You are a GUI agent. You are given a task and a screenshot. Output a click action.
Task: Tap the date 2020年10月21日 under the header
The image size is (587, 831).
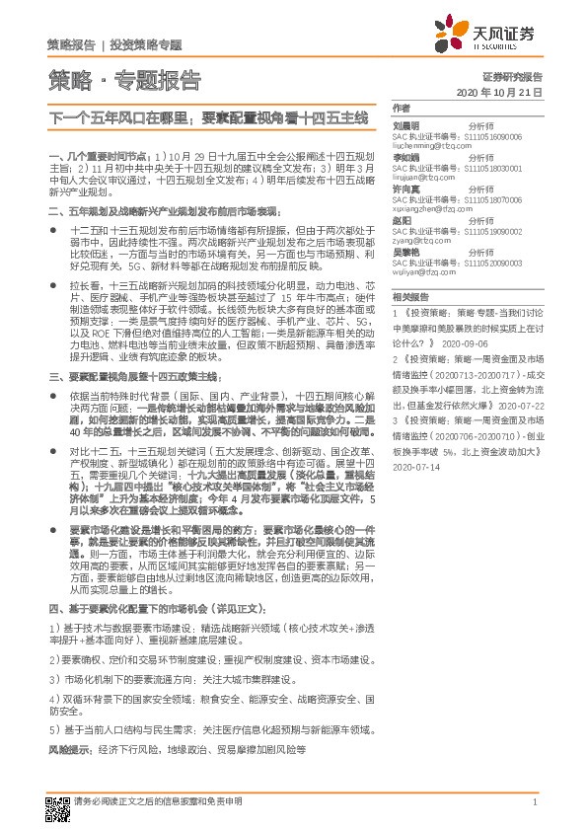500,92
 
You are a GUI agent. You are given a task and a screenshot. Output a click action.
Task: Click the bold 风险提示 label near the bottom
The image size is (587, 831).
68,750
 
